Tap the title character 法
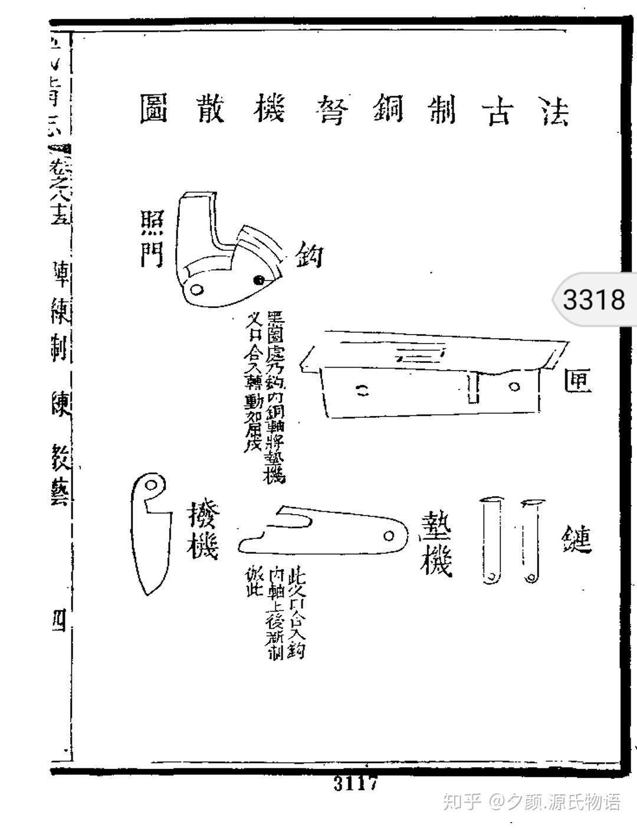[x=555, y=110]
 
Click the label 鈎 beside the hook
[x=308, y=255]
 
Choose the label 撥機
[x=202, y=531]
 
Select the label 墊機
[x=436, y=542]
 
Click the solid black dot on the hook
[x=258, y=279]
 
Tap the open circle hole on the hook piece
[x=196, y=289]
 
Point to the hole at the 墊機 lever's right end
[x=389, y=535]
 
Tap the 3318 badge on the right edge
[x=593, y=299]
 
